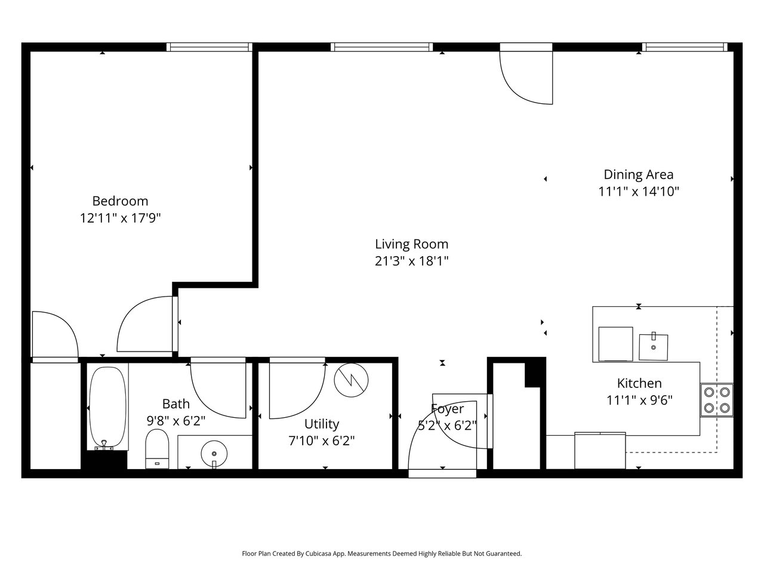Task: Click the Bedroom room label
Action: point(120,201)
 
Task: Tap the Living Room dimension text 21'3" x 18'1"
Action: point(411,261)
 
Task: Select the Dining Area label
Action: point(638,174)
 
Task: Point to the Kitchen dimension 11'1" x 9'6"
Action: point(639,400)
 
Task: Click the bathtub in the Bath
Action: point(107,406)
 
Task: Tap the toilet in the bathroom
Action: point(157,449)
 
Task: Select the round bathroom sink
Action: point(214,454)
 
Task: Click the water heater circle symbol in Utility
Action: point(351,380)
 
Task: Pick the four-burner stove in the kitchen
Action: point(717,400)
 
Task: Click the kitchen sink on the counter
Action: point(654,347)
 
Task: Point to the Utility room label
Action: point(322,424)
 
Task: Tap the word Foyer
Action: point(447,409)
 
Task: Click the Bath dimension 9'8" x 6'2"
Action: point(175,421)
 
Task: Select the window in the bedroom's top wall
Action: point(209,47)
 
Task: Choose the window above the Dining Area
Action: point(685,47)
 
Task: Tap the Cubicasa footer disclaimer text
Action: point(382,553)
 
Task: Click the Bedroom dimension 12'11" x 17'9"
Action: point(121,218)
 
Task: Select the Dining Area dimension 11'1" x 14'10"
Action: point(639,192)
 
